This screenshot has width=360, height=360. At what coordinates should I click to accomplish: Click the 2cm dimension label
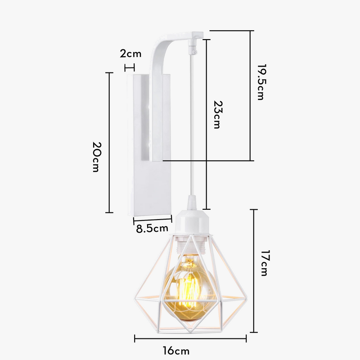point(130,54)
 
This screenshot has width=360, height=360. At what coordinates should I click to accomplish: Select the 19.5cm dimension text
point(261,82)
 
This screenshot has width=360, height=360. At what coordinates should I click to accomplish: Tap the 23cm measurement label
point(218,114)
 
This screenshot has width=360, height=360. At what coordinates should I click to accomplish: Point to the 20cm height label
point(97,157)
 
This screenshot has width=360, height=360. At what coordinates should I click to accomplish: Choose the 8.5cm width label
point(152,229)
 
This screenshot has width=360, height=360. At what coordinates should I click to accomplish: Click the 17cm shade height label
point(264,263)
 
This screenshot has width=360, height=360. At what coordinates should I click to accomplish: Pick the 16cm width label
point(176,351)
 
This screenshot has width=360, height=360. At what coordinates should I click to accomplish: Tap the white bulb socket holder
point(193,220)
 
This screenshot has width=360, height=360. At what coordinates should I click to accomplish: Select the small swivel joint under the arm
point(191,47)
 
